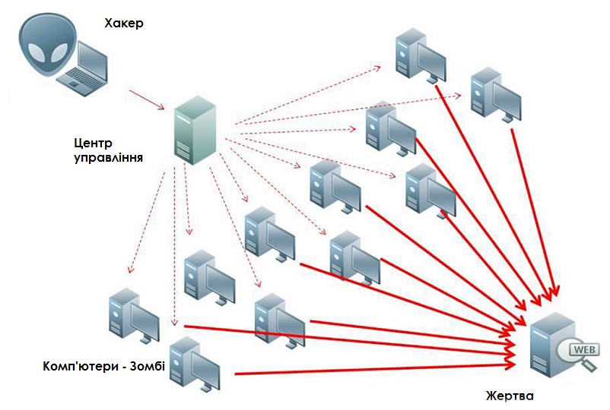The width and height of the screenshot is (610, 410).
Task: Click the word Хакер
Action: pyautogui.click(x=125, y=24)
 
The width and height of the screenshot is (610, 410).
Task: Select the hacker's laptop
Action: pyautogui.click(x=84, y=69)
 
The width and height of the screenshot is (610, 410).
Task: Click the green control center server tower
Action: pyautogui.click(x=192, y=130)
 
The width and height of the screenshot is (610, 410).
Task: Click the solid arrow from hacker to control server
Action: pyautogui.click(x=145, y=99)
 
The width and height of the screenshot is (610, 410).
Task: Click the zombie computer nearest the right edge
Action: pyautogui.click(x=494, y=95)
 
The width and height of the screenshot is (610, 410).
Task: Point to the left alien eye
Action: pyautogui.click(x=37, y=52)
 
